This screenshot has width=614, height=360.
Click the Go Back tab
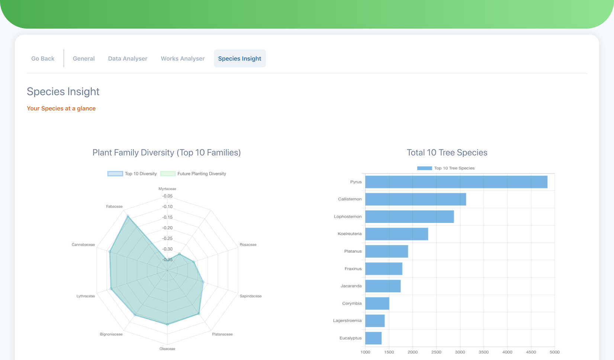(x=43, y=58)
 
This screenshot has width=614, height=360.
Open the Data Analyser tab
(x=128, y=58)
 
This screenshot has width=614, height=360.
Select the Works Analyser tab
(x=183, y=58)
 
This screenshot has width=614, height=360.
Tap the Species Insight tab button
(x=240, y=58)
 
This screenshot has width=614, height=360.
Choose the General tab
(x=84, y=58)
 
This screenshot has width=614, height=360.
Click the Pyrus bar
(x=456, y=182)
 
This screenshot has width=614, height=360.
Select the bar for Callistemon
(x=415, y=199)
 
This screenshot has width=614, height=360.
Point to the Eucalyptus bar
(x=373, y=338)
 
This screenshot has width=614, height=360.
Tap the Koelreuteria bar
(x=396, y=234)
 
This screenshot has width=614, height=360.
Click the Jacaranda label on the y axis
(x=351, y=286)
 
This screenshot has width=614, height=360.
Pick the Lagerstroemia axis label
(x=347, y=321)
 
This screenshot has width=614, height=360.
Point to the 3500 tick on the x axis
(x=483, y=352)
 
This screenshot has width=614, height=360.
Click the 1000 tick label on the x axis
(x=365, y=352)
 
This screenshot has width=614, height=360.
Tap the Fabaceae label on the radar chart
(x=114, y=206)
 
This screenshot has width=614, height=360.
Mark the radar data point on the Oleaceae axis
(x=167, y=325)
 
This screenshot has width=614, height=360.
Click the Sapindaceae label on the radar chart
(x=251, y=296)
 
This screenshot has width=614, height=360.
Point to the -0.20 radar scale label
(x=167, y=228)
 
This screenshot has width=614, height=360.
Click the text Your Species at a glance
(x=61, y=109)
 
